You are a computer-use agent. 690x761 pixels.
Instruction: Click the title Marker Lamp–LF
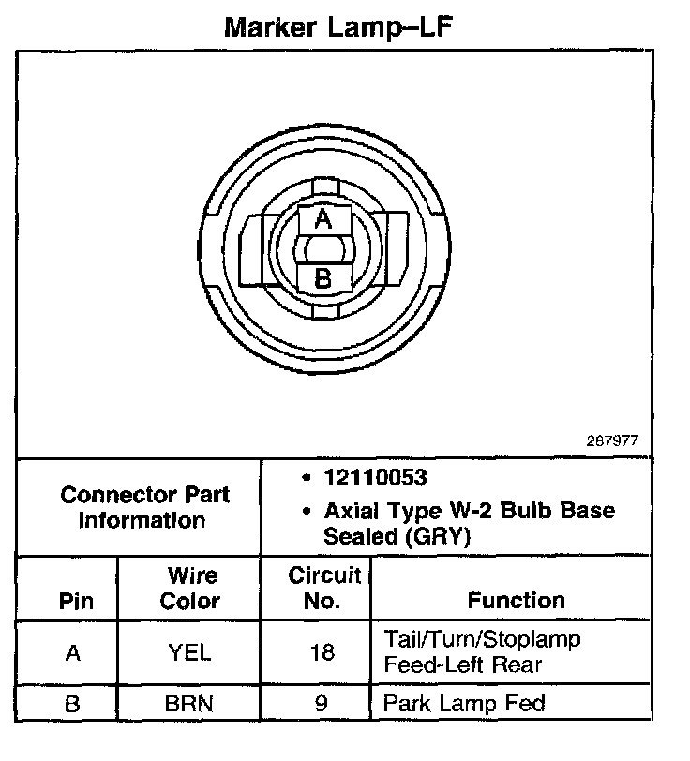tap(338, 27)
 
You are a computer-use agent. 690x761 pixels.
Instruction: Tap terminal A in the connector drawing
tap(322, 219)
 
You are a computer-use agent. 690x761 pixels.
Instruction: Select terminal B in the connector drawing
tap(322, 277)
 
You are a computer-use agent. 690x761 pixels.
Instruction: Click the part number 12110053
tap(375, 478)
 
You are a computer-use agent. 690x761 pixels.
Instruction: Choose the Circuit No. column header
tap(323, 588)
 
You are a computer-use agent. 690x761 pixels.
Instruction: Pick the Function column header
tap(516, 600)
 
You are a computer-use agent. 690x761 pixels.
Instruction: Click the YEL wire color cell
tap(190, 652)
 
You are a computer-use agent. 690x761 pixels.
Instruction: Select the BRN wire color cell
tap(190, 703)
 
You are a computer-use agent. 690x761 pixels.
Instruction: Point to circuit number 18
tap(322, 652)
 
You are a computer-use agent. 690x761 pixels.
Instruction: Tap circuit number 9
tap(322, 703)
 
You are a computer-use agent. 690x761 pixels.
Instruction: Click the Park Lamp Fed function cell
tap(464, 702)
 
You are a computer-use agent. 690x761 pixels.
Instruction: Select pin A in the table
tap(72, 652)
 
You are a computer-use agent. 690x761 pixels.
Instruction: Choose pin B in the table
tap(72, 703)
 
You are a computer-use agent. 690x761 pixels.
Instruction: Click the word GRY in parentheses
tap(434, 537)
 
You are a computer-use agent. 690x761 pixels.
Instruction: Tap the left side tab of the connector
tap(252, 249)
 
